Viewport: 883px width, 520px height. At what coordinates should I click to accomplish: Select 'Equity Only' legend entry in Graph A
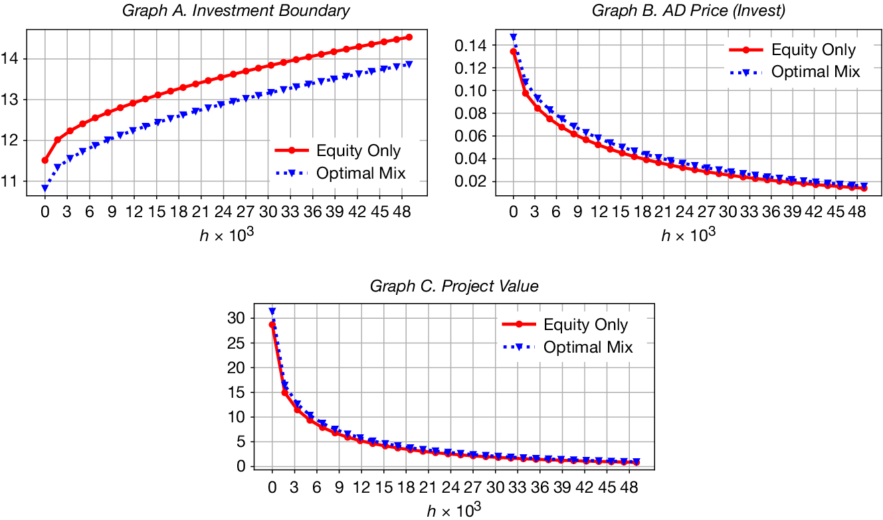point(358,151)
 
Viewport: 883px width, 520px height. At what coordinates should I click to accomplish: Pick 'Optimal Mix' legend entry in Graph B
point(815,72)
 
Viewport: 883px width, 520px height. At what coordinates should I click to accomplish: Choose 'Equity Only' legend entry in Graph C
point(585,325)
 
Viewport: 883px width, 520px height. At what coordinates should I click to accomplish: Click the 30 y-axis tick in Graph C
point(237,318)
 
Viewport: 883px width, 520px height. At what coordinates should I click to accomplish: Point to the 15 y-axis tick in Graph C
point(237,392)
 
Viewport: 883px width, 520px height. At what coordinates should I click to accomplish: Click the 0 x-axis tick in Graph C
point(272,487)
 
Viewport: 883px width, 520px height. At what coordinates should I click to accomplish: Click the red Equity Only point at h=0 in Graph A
point(45,160)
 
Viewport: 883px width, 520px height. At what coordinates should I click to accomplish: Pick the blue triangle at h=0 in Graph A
point(45,189)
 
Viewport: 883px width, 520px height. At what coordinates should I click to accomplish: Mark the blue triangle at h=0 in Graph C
point(272,311)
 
